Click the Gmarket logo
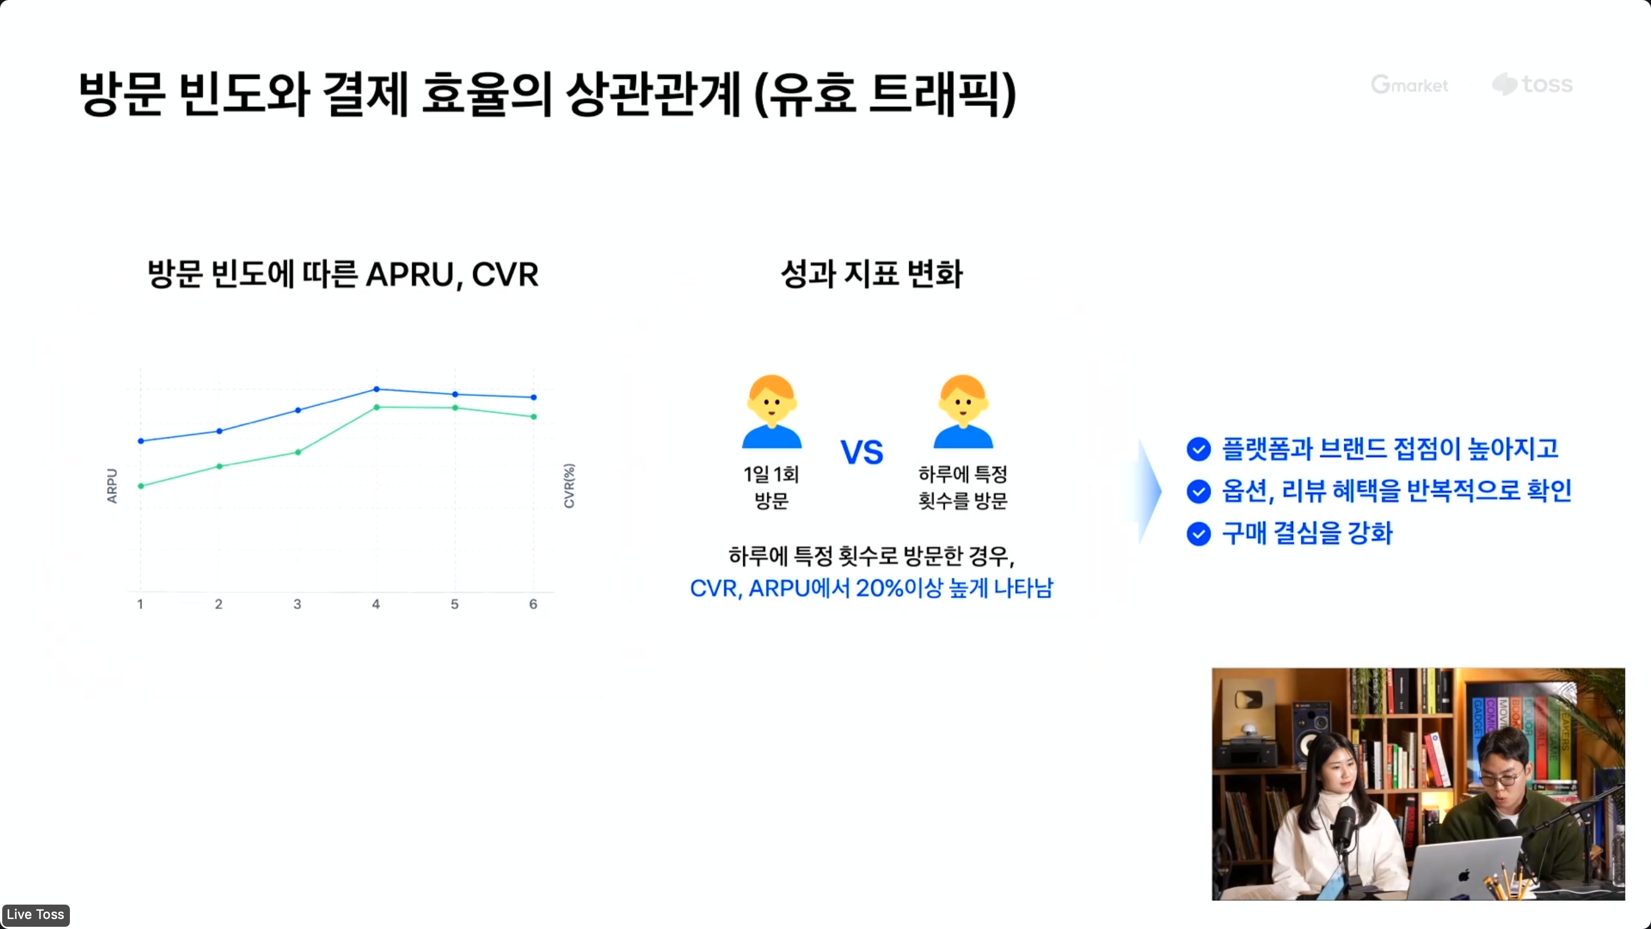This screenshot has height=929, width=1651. pyautogui.click(x=1409, y=84)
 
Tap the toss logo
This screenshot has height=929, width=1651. pyautogui.click(x=1532, y=84)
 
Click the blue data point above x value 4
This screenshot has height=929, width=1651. pyautogui.click(x=376, y=389)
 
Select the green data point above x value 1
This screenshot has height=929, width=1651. pyautogui.click(x=141, y=486)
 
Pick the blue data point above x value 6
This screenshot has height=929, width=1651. pyautogui.click(x=534, y=397)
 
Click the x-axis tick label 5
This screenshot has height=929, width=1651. pyautogui.click(x=454, y=604)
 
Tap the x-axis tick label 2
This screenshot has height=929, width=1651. pyautogui.click(x=219, y=604)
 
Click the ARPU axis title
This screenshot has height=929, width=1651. pyautogui.click(x=112, y=486)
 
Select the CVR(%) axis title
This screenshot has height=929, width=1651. pyautogui.click(x=569, y=486)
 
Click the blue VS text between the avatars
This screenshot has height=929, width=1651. pyautogui.click(x=862, y=453)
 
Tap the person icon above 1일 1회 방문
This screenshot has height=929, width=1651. pyautogui.click(x=772, y=412)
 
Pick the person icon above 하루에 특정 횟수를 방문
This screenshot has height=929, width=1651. pyautogui.click(x=963, y=412)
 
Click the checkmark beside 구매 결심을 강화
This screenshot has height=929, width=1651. pyautogui.click(x=1198, y=534)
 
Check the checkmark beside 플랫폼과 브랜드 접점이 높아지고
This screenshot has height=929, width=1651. pyautogui.click(x=1198, y=449)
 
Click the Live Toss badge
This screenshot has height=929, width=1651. pyautogui.click(x=36, y=914)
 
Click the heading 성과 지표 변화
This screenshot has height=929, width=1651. pyautogui.click(x=872, y=274)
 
